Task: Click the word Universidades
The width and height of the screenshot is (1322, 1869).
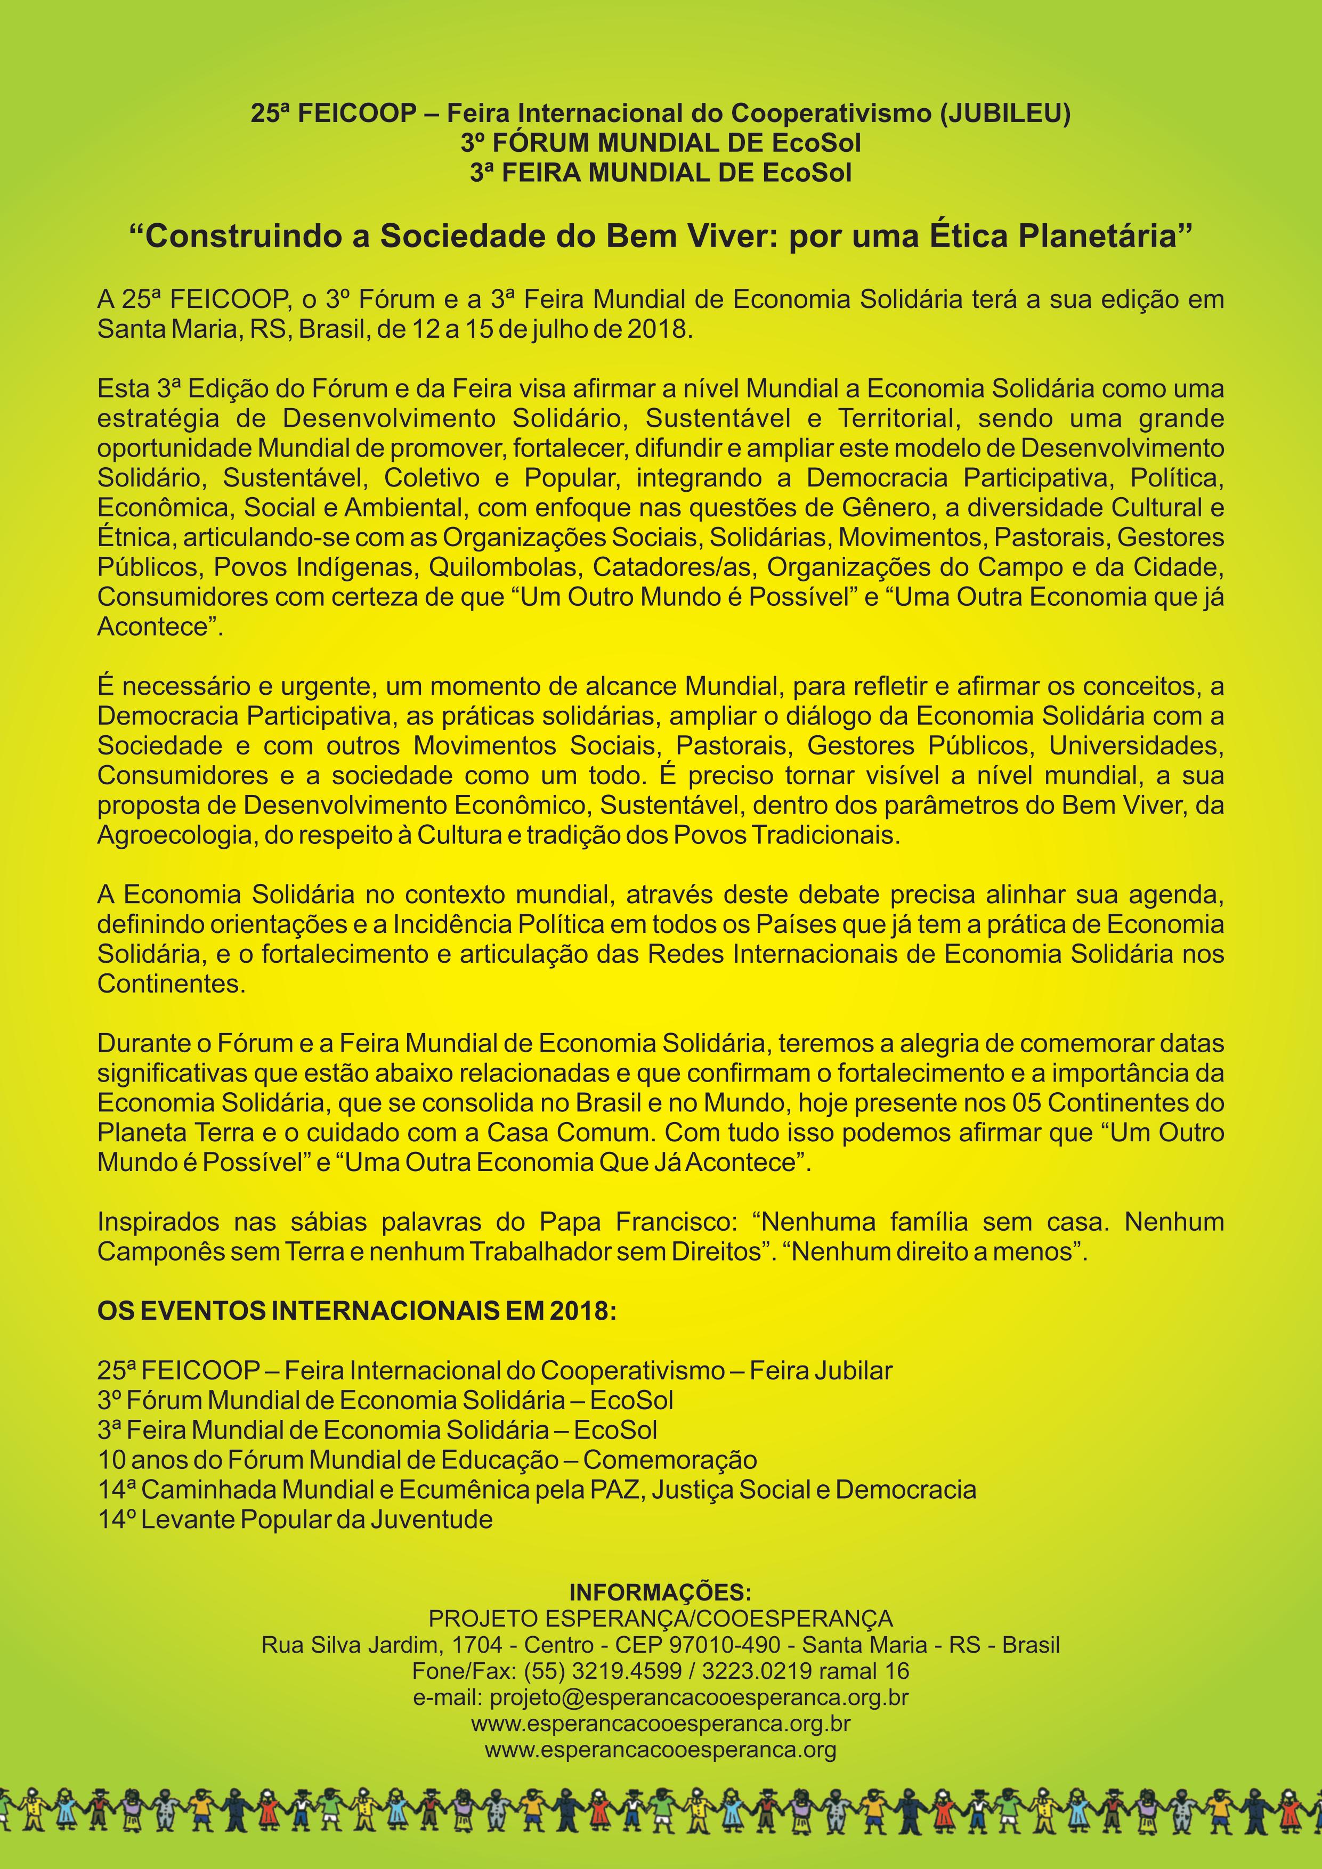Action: pyautogui.click(x=1136, y=746)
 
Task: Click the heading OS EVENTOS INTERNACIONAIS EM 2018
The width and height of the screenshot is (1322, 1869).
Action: pyautogui.click(x=356, y=1311)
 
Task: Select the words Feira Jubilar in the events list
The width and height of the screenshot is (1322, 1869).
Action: pyautogui.click(x=821, y=1371)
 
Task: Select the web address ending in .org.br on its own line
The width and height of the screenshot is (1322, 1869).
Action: pyautogui.click(x=660, y=1724)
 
